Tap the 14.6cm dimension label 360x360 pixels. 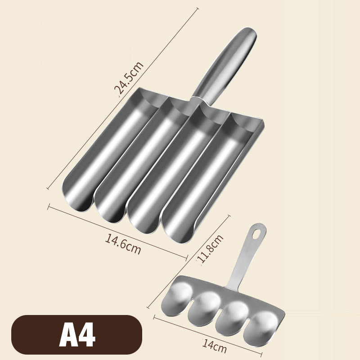(x=123, y=244)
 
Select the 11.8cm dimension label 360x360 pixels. (x=210, y=249)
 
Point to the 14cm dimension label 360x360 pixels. (x=215, y=346)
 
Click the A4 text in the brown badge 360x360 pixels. (x=77, y=334)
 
